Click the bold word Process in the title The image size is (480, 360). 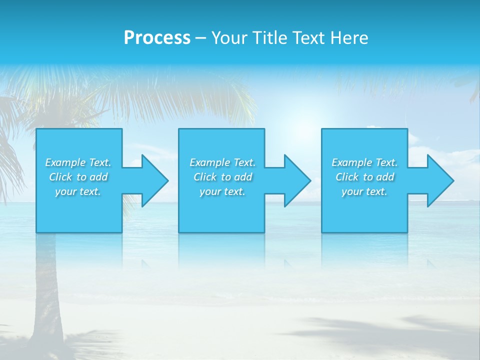tap(157, 38)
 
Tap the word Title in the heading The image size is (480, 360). tap(269, 38)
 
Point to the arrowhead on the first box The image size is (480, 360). tap(152, 180)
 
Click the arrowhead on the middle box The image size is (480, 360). tap(295, 180)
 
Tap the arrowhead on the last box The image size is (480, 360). tap(438, 180)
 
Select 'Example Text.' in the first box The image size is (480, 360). tap(78, 162)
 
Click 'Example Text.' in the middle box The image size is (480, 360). tap(222, 162)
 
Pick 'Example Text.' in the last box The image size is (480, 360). tap(364, 162)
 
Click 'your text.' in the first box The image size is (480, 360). tap(78, 191)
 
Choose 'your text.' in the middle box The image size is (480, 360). tap(222, 191)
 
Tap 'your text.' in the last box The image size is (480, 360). tap(364, 191)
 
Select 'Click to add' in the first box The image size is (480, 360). tap(78, 177)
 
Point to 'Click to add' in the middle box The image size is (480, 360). tap(222, 177)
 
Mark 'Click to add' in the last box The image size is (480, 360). tap(364, 177)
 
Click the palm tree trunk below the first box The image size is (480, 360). tap(48, 290)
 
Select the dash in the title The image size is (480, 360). tap(200, 38)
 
